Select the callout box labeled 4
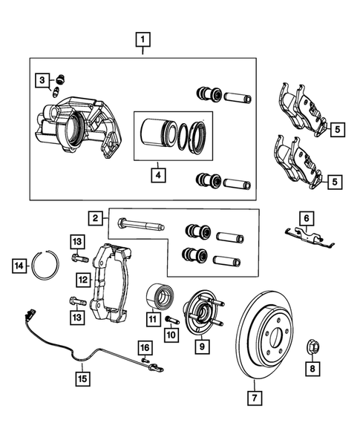(x=157, y=176)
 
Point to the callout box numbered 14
(x=20, y=264)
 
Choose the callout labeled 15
(x=85, y=378)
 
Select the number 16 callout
(x=144, y=347)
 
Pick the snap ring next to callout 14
(x=48, y=264)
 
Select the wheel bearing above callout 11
(x=158, y=296)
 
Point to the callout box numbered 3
(x=43, y=80)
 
